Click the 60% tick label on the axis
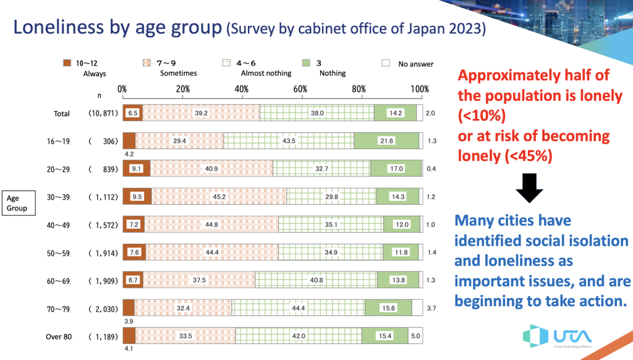click(300, 89)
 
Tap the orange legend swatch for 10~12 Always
click(68, 63)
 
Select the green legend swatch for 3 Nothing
click(305, 63)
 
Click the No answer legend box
click(385, 63)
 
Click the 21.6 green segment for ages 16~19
click(386, 141)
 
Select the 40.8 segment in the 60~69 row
click(316, 280)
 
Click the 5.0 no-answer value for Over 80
click(415, 336)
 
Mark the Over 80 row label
click(60, 336)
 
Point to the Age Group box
click(17, 203)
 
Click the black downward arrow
click(529, 188)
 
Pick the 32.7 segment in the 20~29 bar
click(321, 169)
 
